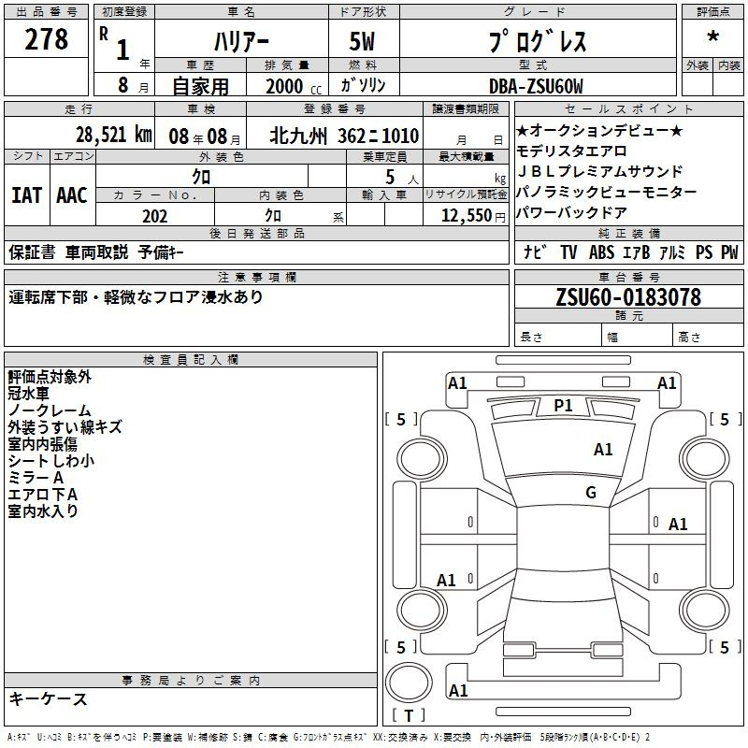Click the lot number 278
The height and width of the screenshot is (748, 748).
click(46, 38)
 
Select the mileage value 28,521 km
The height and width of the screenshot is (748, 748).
click(113, 135)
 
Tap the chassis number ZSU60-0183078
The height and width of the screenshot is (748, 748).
click(628, 296)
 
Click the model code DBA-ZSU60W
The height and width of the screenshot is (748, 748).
click(536, 86)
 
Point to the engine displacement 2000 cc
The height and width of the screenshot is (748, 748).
click(294, 86)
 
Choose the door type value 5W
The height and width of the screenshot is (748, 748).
click(362, 41)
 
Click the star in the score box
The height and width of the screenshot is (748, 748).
click(712, 36)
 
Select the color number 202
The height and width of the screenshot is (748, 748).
click(154, 216)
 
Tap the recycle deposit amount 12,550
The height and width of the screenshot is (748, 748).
click(466, 216)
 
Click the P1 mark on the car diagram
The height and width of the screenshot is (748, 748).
click(563, 406)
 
